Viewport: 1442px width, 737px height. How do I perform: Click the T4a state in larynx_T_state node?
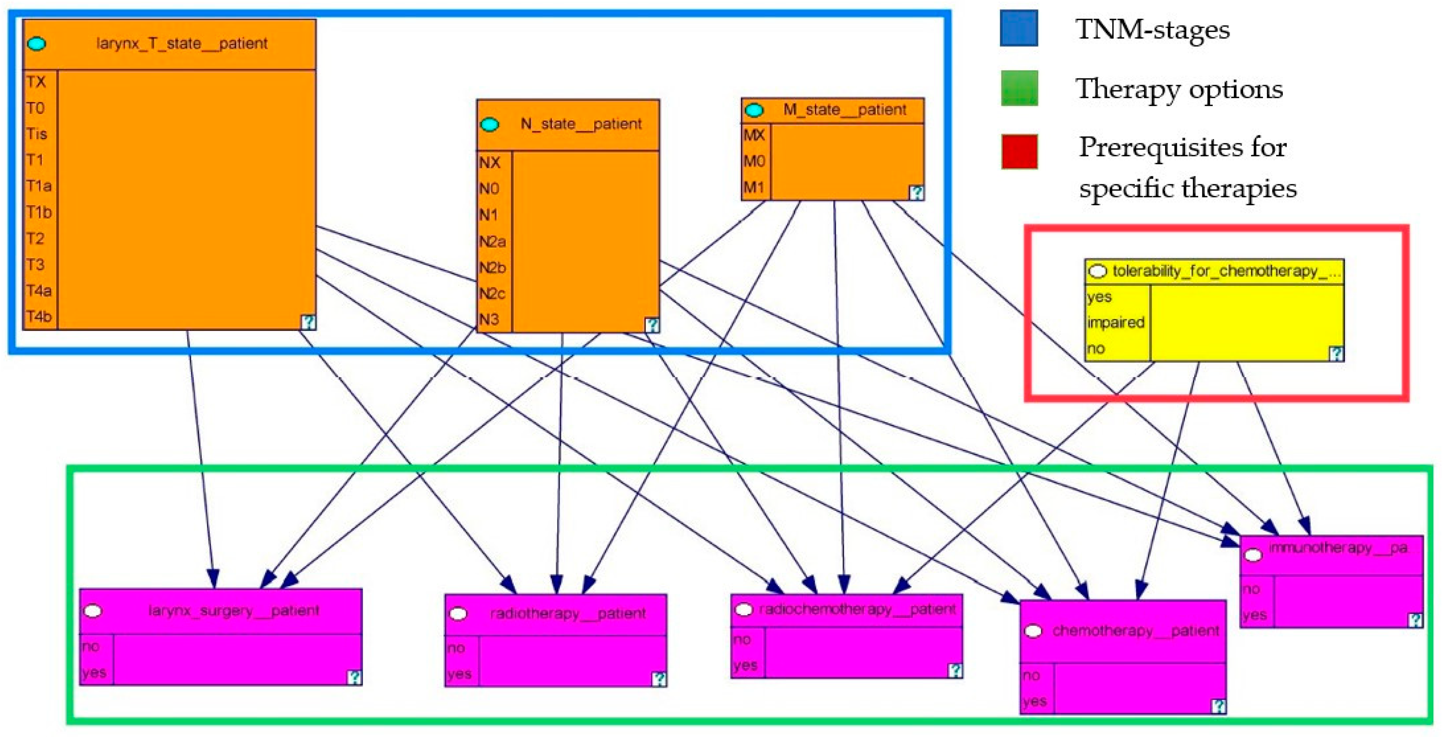39,291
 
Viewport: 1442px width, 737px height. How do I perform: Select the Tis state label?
36,134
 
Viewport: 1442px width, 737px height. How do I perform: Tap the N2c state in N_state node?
492,294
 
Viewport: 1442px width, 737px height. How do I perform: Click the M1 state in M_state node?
753,187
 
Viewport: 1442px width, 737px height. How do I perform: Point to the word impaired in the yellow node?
1116,323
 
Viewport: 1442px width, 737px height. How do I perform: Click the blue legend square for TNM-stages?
1019,28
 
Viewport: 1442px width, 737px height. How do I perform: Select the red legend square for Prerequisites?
1019,151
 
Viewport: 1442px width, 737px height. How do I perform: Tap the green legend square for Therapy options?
1019,88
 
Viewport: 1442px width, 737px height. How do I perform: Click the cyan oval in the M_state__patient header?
754,110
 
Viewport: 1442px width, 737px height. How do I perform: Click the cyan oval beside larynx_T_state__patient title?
37,44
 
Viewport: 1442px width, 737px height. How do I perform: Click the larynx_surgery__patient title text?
233,610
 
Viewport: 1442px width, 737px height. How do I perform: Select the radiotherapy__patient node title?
568,614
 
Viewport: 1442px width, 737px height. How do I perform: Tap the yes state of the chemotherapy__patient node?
1034,701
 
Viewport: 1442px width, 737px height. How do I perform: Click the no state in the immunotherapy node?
1250,589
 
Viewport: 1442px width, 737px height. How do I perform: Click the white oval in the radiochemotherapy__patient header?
743,609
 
